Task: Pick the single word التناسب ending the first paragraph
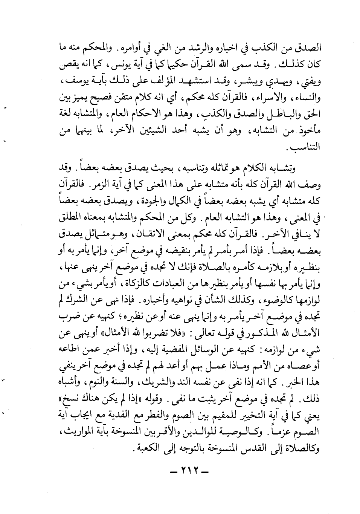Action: (x=304, y=147)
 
